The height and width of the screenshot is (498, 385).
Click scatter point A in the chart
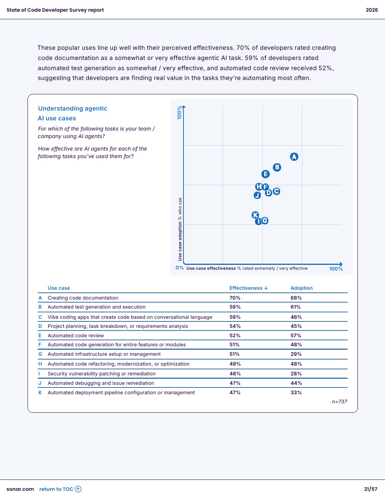pyautogui.click(x=294, y=157)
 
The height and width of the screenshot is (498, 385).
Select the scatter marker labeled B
pyautogui.click(x=277, y=167)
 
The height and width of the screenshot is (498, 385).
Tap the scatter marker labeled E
pyautogui.click(x=265, y=174)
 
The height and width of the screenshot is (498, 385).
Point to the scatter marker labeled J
pyautogui.click(x=257, y=195)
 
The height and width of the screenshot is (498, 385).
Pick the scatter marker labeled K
pyautogui.click(x=256, y=215)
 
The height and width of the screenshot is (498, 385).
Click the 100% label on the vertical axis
pyautogui.click(x=180, y=112)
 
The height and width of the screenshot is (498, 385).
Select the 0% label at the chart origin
pyautogui.click(x=180, y=268)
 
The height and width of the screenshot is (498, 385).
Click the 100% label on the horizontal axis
pyautogui.click(x=336, y=269)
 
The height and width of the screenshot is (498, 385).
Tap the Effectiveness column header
pyautogui.click(x=248, y=288)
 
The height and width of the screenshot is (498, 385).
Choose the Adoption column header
pyautogui.click(x=302, y=288)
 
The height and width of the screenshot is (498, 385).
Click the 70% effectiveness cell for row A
pyautogui.click(x=235, y=298)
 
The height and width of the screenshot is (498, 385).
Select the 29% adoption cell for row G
pyautogui.click(x=296, y=354)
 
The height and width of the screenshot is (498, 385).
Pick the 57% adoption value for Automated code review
pyautogui.click(x=296, y=335)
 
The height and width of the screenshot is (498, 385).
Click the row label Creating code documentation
pyautogui.click(x=83, y=298)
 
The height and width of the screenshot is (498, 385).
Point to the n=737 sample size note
pyautogui.click(x=339, y=401)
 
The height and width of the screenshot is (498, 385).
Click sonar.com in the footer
pyautogui.click(x=20, y=489)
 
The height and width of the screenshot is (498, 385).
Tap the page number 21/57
pyautogui.click(x=371, y=489)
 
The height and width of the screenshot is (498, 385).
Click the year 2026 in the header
pyautogui.click(x=372, y=10)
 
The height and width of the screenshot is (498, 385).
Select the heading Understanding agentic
pyautogui.click(x=72, y=108)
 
